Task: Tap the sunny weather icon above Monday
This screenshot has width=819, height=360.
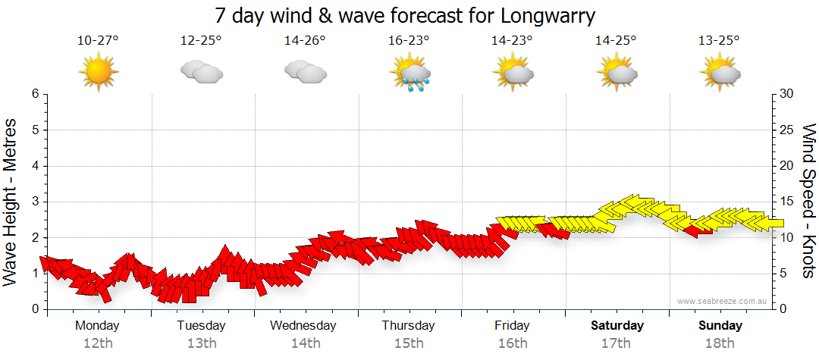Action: [98, 73]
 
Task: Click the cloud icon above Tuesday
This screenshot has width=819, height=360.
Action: [202, 73]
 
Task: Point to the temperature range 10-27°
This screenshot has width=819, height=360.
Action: [98, 40]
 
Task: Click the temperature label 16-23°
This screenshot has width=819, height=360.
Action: [409, 40]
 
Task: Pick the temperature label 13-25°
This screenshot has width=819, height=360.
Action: [720, 40]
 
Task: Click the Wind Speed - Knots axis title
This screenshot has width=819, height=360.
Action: [808, 202]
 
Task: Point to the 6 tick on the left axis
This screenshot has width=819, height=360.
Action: [35, 94]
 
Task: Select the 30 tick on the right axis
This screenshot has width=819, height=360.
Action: [787, 94]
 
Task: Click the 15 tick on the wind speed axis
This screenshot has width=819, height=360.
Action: [787, 202]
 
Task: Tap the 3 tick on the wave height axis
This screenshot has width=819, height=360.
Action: [35, 202]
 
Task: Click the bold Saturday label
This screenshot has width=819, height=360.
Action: [617, 326]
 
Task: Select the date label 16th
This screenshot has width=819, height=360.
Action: [513, 343]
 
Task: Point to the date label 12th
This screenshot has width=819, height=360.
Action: [98, 343]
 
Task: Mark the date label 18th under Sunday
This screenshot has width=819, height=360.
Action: [720, 343]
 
